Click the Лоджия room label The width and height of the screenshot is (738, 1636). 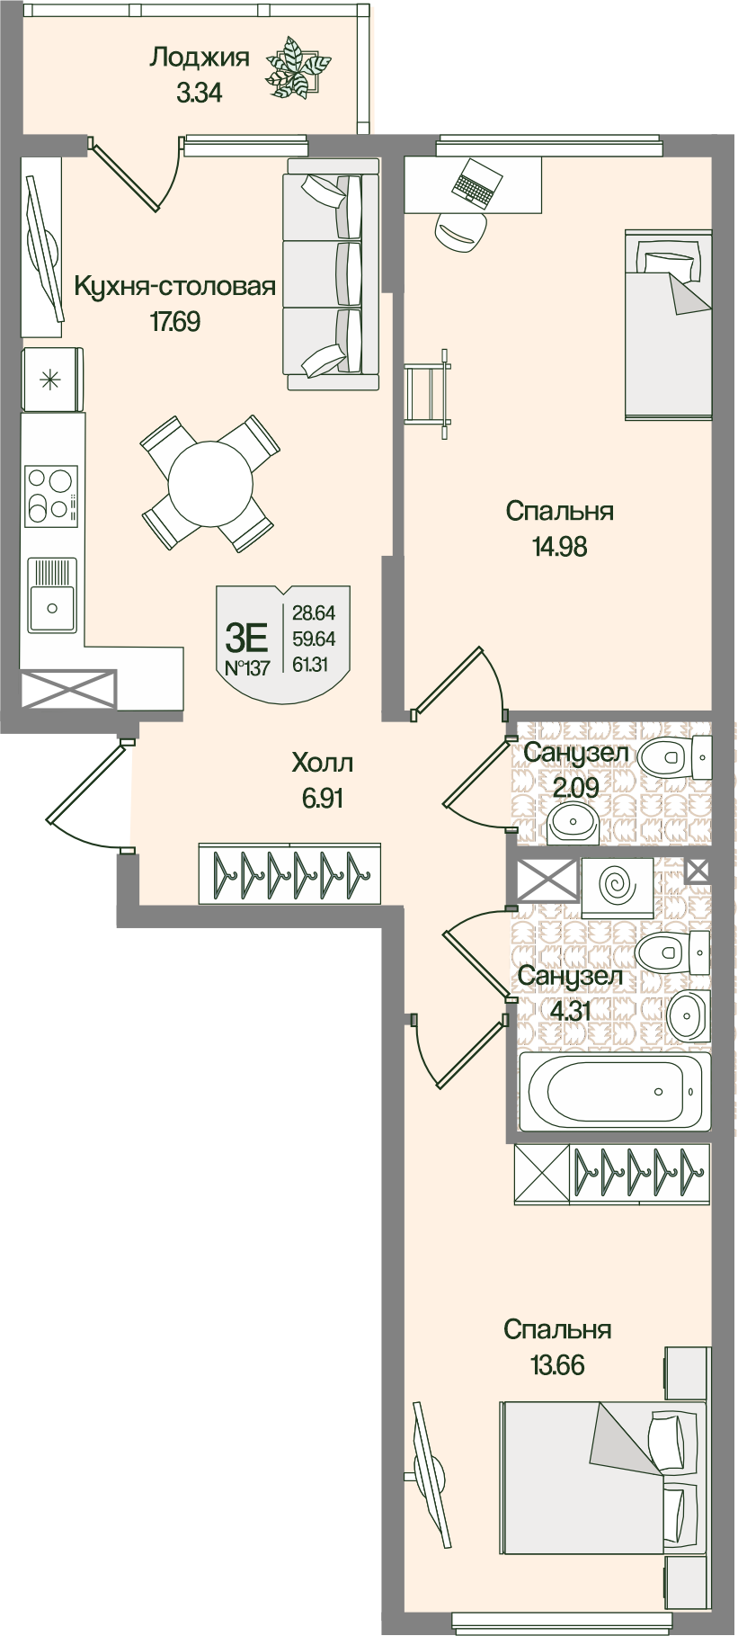pos(199,58)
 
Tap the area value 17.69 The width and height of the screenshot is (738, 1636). pos(174,321)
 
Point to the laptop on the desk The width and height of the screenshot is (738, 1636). pos(474,183)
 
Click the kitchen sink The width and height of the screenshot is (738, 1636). pos(51,595)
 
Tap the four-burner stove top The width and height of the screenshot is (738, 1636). pos(50,495)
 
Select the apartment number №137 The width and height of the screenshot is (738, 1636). pos(246,668)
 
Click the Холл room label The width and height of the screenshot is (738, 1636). pos(322,764)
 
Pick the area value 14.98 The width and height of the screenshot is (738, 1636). pos(559,546)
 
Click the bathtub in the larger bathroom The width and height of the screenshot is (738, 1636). pos(614,1091)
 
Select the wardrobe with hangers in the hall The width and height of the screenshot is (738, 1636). pos(289,872)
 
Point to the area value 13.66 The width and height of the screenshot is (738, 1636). pos(557,1365)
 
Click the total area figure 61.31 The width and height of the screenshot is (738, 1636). pos(314,665)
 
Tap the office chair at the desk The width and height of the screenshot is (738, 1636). pos(461,230)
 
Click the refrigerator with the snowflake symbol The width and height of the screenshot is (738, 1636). pos(51,380)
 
